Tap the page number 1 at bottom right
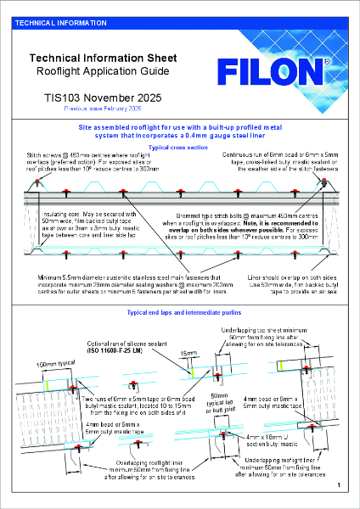coord(338,484)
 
